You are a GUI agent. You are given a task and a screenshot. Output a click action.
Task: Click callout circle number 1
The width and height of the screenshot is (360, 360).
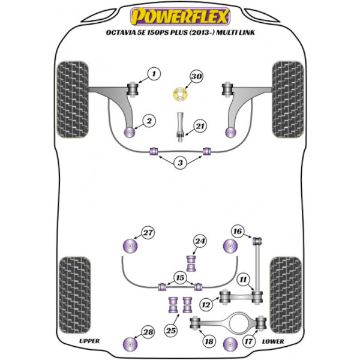pyautogui.click(x=154, y=74)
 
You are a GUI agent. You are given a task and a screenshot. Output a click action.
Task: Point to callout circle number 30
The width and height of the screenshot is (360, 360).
pyautogui.click(x=197, y=77)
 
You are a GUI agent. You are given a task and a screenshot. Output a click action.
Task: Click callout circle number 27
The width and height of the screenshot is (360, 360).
pyautogui.click(x=148, y=232)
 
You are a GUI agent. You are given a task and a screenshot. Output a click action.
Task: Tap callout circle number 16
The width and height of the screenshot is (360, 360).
pyautogui.click(x=238, y=232)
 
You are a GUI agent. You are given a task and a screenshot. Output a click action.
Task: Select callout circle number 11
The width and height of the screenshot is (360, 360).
pyautogui.click(x=242, y=279)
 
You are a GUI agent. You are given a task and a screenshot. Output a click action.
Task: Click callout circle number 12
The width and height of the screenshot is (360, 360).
pyautogui.click(x=206, y=305)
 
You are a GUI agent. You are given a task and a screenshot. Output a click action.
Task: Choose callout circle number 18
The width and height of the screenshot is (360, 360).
pyautogui.click(x=209, y=341)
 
